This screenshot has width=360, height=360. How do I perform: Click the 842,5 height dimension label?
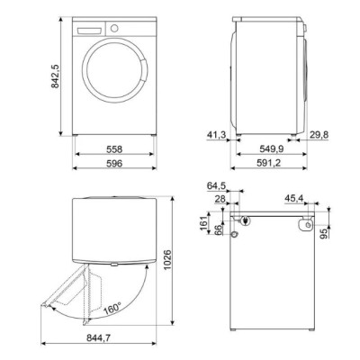point(55,77)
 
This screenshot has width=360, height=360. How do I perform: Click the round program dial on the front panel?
point(114,29)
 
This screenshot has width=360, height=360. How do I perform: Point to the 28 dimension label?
point(221,199)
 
